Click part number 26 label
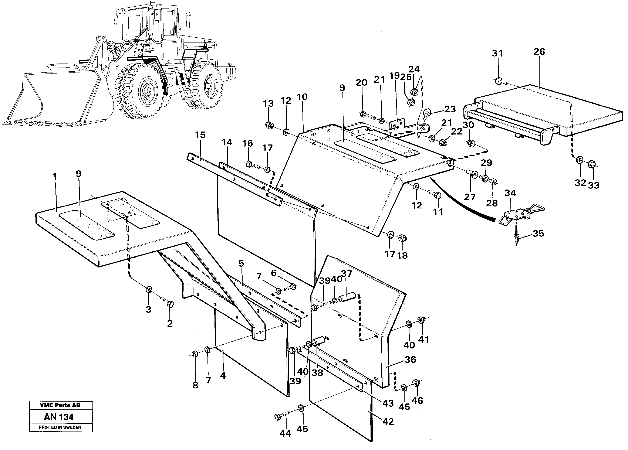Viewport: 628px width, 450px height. pos(539,52)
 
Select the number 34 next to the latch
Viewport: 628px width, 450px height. pos(510,193)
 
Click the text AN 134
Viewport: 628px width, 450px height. pos(59,417)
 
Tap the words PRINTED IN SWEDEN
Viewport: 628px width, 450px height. pos(60,427)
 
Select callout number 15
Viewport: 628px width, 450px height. pos(200,135)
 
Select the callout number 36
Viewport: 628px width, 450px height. pos(410,359)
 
